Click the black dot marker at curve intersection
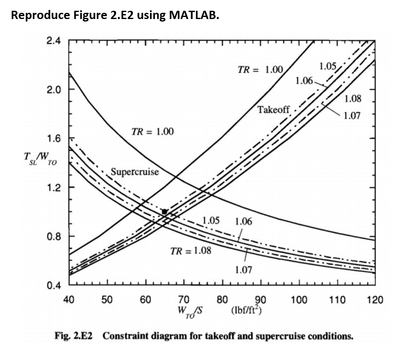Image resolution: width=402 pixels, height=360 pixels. (164, 211)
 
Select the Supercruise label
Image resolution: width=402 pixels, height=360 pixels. (135, 172)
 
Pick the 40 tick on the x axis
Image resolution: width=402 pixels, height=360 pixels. (69, 300)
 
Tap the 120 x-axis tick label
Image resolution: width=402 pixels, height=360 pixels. (375, 300)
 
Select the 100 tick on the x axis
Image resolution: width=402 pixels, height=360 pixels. (299, 300)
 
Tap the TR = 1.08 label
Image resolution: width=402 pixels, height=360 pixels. (190, 251)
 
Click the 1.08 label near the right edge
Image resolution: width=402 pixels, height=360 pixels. (352, 98)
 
